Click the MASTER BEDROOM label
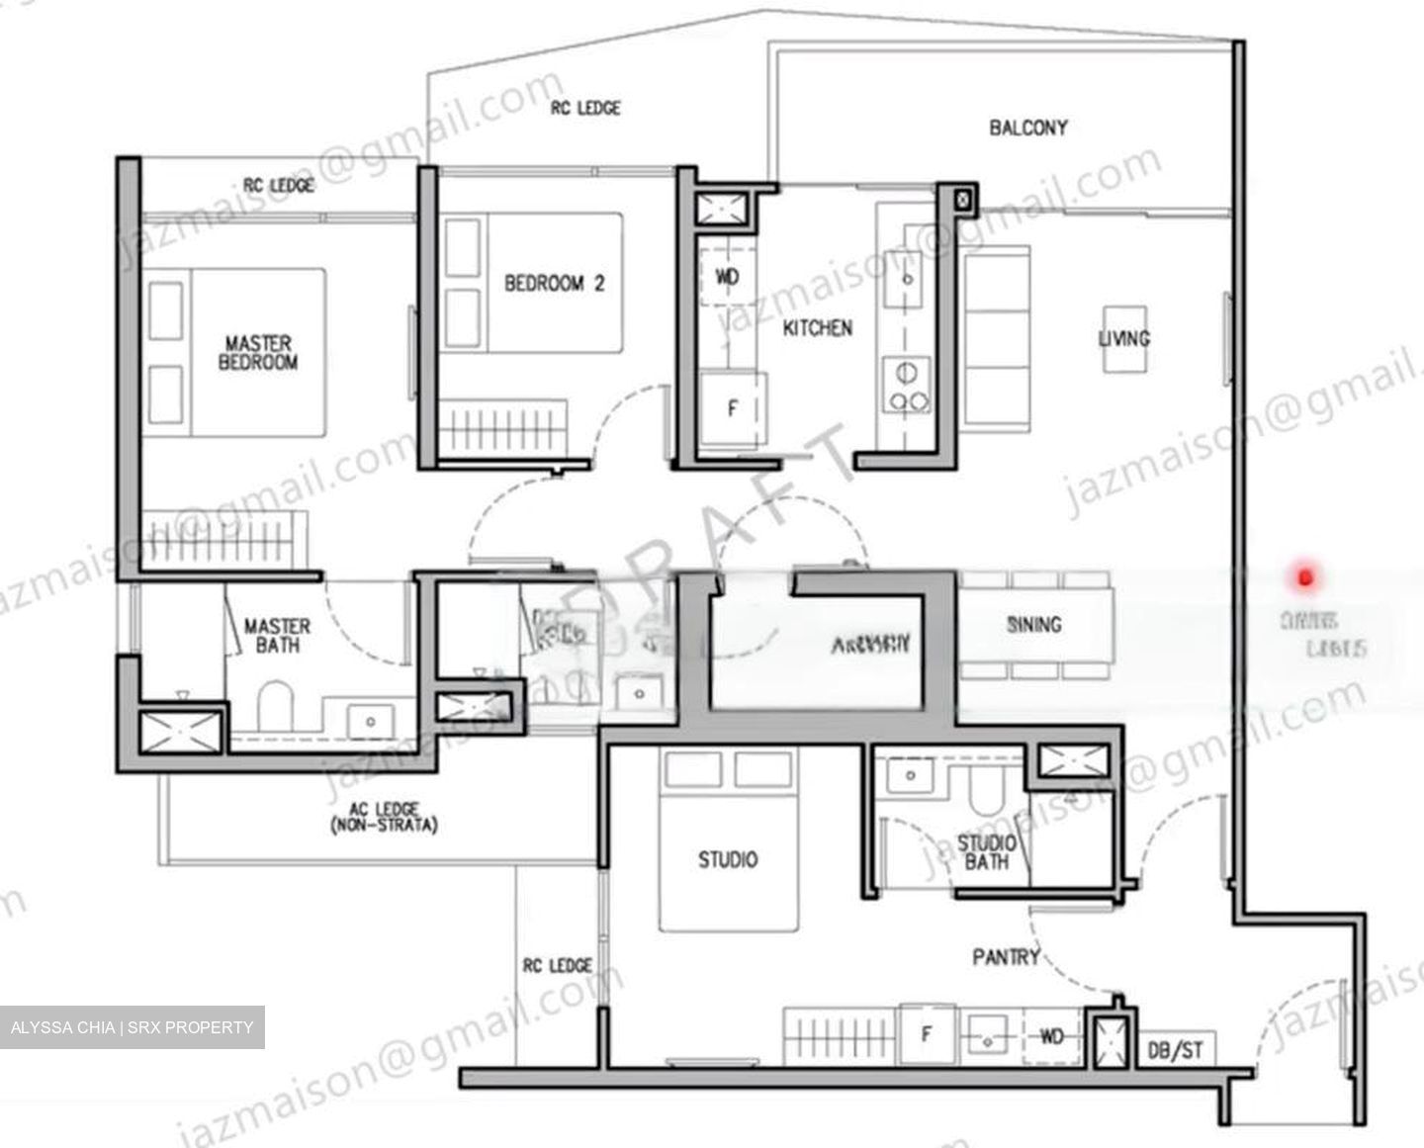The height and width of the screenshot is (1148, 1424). tap(257, 353)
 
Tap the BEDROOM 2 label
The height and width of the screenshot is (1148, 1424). tap(554, 284)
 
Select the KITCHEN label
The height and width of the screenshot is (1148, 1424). tap(817, 327)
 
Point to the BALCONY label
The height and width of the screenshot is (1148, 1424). tap(1028, 128)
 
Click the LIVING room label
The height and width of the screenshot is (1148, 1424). tap(1124, 338)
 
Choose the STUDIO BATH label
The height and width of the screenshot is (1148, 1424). tap(986, 852)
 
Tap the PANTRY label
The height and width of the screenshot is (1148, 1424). tap(1006, 957)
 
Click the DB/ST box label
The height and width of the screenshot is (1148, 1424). tap(1176, 1049)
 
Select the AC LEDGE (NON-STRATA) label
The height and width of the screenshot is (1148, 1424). tap(384, 817)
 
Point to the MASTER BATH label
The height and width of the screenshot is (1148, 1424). tap(277, 636)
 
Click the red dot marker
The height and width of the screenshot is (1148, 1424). tap(1304, 576)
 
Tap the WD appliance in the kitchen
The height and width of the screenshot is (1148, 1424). tap(727, 277)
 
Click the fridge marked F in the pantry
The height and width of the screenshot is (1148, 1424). tap(927, 1035)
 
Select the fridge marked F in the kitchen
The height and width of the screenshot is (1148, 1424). tap(732, 407)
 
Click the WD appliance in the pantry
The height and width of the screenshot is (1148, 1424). tap(1051, 1036)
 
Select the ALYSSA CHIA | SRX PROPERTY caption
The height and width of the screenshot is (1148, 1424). tap(132, 1027)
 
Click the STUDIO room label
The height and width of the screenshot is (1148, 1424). tap(728, 860)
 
